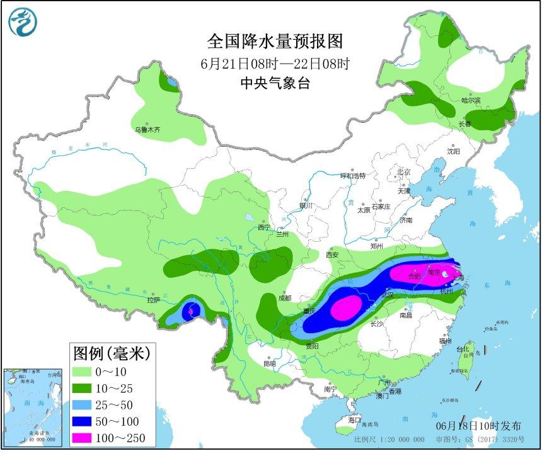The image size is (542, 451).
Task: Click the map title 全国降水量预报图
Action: tap(275, 42)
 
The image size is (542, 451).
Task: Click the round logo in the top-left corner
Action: tap(23, 21)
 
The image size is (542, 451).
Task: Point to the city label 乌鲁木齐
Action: tap(147, 130)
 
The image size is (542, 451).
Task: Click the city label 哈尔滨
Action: tap(470, 100)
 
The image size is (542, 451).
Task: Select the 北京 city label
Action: tap(403, 172)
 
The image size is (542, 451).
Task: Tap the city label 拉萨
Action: tap(154, 300)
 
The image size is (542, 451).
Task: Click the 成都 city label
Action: tap(285, 298)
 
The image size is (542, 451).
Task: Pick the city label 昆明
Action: tap(270, 363)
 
